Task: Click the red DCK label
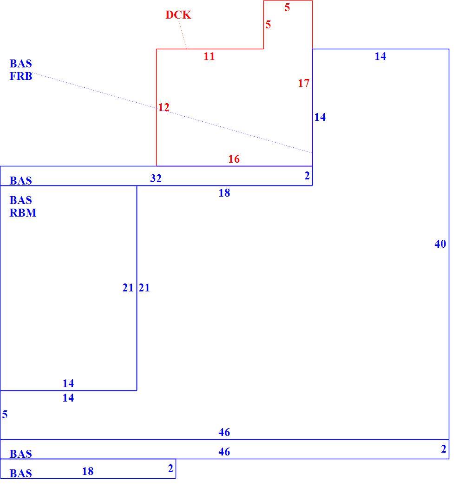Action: point(178,14)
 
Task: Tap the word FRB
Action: point(21,76)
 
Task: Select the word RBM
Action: point(23,213)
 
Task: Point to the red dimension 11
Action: point(209,56)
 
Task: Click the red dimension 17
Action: point(304,83)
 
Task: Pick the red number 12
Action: point(164,107)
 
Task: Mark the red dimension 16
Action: point(234,159)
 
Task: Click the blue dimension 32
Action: point(156,178)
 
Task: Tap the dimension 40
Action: point(440,244)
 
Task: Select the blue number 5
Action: point(5,415)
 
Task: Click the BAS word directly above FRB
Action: point(21,64)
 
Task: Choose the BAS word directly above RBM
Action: point(21,200)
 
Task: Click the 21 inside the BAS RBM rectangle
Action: point(128,288)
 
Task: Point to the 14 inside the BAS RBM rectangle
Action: point(68,383)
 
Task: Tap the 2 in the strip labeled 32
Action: point(307,176)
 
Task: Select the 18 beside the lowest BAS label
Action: point(88,472)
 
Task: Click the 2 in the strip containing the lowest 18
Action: point(170,468)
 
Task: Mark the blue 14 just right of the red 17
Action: point(320,117)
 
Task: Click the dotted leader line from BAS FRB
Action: point(172,113)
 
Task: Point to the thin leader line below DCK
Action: point(183,34)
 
